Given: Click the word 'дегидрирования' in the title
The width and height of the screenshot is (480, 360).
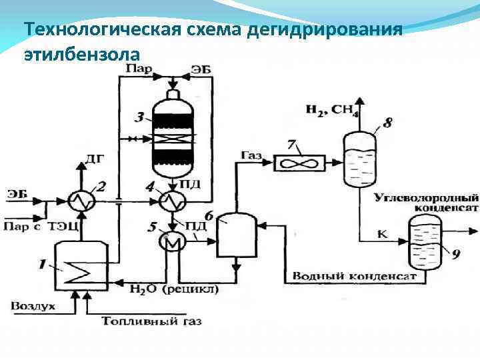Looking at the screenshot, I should click(325, 30).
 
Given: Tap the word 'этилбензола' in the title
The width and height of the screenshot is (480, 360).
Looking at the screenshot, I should click(81, 53).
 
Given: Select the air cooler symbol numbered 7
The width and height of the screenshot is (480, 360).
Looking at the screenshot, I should click(299, 163).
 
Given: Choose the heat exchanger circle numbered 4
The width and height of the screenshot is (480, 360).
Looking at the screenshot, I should click(173, 200).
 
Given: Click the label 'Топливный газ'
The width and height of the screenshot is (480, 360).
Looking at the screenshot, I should click(151, 321).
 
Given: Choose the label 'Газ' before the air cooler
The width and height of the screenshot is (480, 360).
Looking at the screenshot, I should click(251, 155).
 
